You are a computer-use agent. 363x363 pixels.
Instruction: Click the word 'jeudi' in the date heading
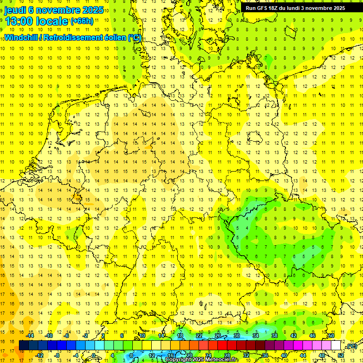coord(15,10)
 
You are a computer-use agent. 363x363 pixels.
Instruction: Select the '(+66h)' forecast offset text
coord(82,21)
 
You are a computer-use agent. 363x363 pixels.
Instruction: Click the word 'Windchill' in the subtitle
coord(20,37)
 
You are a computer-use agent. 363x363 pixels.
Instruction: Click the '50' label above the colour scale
coord(331,336)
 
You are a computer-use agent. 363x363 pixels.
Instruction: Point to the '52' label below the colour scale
coord(341,355)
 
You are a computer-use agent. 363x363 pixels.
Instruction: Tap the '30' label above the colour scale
coord(237,336)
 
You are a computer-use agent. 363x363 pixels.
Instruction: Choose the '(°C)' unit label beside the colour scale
coord(351,346)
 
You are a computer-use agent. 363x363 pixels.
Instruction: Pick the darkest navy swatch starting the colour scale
coord(24,346)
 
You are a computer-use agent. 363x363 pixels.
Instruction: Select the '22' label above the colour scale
coord(199,336)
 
